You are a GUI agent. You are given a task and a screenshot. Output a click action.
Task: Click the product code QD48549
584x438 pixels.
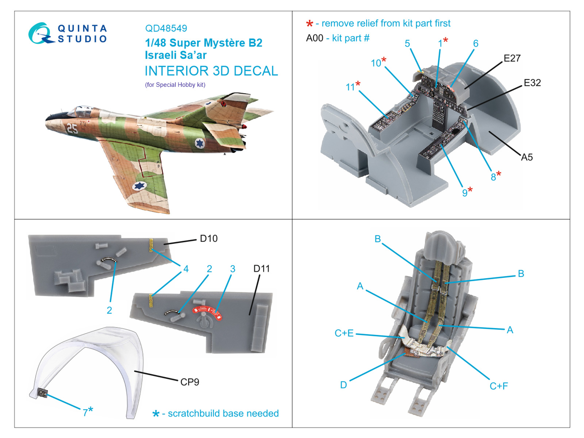click(166, 28)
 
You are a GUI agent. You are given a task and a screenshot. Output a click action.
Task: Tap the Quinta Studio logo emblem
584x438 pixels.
click(39, 34)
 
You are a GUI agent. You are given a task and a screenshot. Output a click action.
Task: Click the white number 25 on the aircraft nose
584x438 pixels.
click(72, 128)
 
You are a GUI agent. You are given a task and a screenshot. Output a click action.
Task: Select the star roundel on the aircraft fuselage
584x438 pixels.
click(200, 143)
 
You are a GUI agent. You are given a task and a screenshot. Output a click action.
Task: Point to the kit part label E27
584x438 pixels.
click(512, 58)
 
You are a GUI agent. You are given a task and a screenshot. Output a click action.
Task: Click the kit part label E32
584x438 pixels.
click(532, 83)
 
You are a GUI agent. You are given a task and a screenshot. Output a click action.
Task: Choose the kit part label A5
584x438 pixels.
click(527, 157)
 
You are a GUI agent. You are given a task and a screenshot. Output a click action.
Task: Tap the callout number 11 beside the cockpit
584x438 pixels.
click(350, 87)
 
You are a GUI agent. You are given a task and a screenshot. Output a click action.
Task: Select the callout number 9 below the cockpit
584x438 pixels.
click(465, 193)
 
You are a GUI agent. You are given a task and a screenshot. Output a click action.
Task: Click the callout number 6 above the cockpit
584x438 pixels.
click(476, 44)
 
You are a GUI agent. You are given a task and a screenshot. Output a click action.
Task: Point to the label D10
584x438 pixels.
click(208, 239)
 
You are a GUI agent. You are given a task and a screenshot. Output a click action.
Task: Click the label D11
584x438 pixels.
click(261, 269)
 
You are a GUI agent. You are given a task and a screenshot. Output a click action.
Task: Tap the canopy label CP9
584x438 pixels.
click(190, 382)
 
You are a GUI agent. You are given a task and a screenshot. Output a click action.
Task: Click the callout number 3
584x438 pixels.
click(233, 269)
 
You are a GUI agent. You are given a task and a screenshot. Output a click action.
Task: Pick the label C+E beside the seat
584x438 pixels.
click(344, 333)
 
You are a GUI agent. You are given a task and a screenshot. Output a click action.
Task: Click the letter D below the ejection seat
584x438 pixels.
click(343, 385)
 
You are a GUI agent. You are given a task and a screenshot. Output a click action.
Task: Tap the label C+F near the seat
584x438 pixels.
click(499, 386)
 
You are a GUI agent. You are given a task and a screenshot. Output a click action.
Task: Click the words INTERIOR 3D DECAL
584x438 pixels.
click(211, 71)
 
